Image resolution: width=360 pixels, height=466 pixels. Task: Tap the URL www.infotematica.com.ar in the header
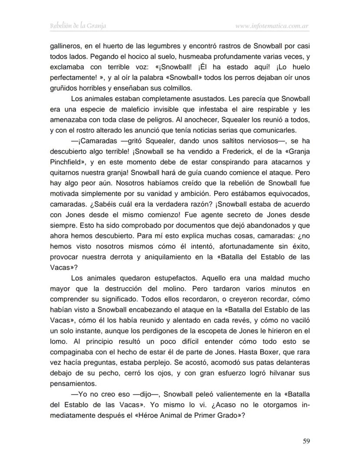click(x=272, y=26)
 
